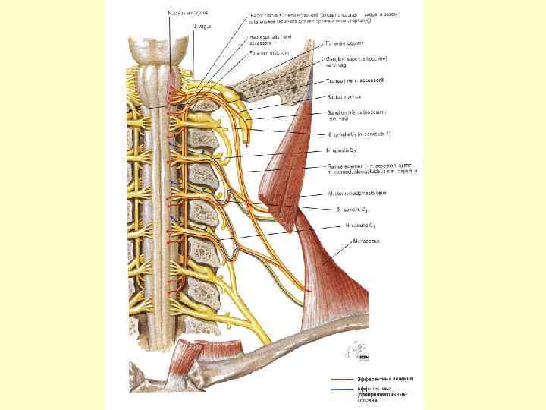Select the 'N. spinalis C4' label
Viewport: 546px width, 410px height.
360,225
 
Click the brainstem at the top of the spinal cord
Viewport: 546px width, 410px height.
156,57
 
